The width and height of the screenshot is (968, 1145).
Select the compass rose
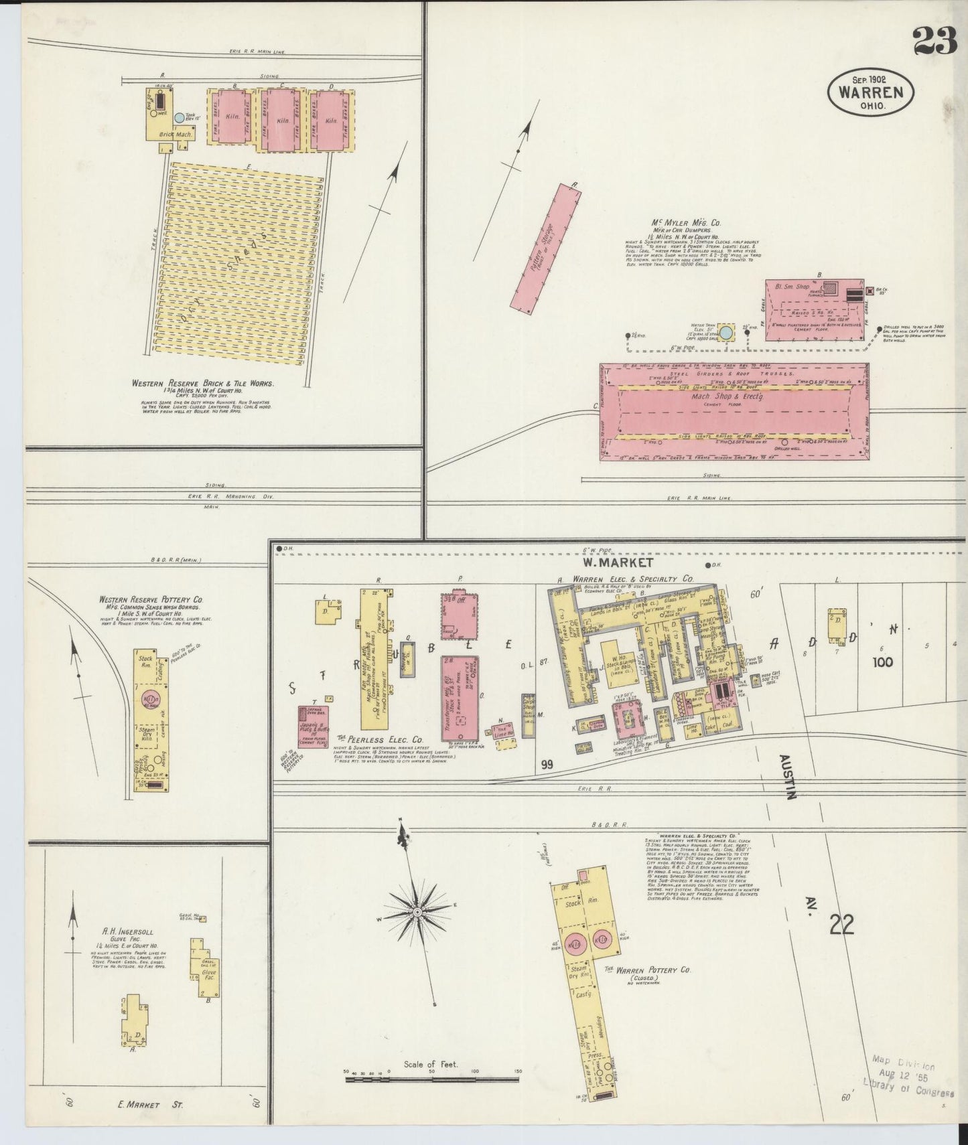coord(417,912)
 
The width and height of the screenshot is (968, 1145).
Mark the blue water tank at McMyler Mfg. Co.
coord(725,333)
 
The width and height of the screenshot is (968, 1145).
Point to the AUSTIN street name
coord(786,776)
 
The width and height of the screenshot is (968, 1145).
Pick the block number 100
coord(882,662)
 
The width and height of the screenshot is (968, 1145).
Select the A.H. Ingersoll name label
coord(125,931)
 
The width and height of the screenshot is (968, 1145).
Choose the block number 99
coord(547,764)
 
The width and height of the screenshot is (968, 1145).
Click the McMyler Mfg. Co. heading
coord(677,223)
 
